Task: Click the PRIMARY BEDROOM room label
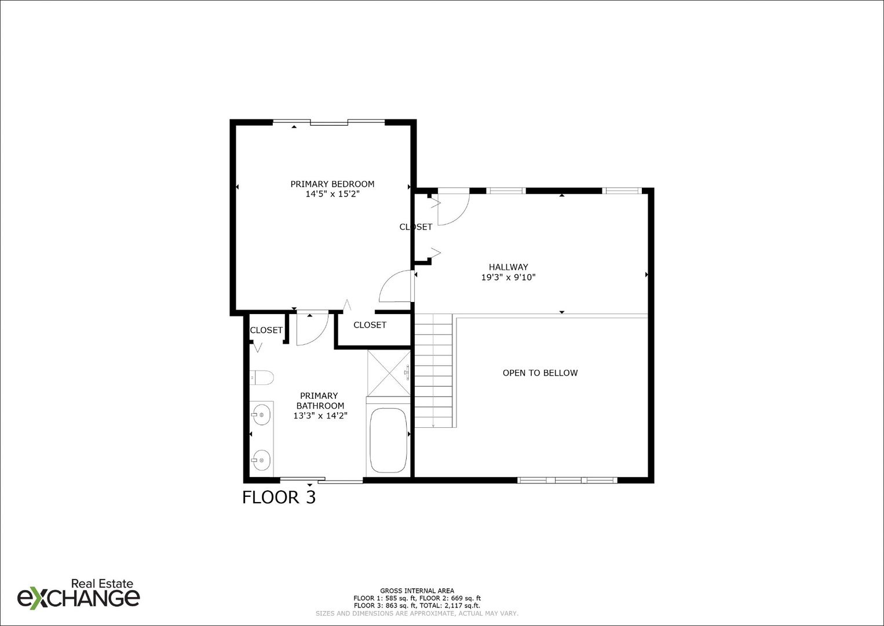(332, 184)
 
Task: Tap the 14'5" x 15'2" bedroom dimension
(333, 194)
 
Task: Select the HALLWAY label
(508, 267)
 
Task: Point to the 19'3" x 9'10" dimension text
(508, 278)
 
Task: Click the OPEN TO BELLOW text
(540, 373)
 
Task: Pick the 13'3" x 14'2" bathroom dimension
(320, 416)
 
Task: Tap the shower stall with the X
(388, 373)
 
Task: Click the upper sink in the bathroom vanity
(261, 414)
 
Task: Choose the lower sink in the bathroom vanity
(261, 461)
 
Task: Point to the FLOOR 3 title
(279, 497)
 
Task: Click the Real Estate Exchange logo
(79, 594)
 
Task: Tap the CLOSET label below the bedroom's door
(370, 325)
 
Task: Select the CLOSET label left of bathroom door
(266, 330)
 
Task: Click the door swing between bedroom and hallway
(396, 287)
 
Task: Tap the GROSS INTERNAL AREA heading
(417, 591)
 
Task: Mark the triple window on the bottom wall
(567, 480)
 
